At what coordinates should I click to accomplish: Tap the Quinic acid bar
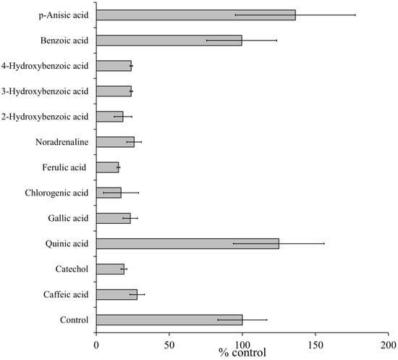point(187,243)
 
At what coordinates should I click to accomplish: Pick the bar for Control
point(169,319)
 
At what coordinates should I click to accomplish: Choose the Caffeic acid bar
point(117,294)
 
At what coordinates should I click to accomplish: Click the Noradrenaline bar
point(115,142)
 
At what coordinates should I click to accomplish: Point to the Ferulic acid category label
point(64,167)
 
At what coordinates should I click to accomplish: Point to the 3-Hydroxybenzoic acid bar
point(114,91)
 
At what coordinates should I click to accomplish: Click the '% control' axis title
point(242,353)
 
